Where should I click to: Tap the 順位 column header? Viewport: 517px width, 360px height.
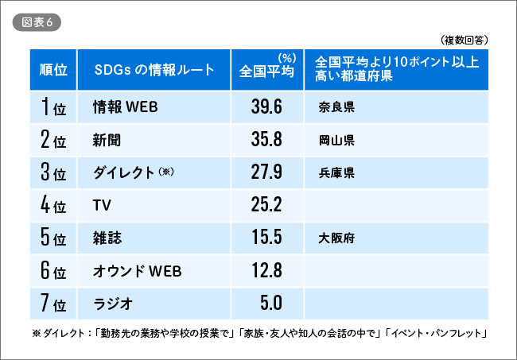pos(53,70)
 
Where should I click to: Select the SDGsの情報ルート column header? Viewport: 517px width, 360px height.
pos(154,70)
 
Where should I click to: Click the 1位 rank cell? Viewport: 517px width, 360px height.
pos(53,106)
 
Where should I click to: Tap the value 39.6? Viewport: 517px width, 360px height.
pos(266,106)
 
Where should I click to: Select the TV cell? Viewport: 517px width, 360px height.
pos(102,205)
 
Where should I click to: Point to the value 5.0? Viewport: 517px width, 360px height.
pos(271,303)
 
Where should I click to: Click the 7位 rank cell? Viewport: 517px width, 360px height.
pos(53,303)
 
